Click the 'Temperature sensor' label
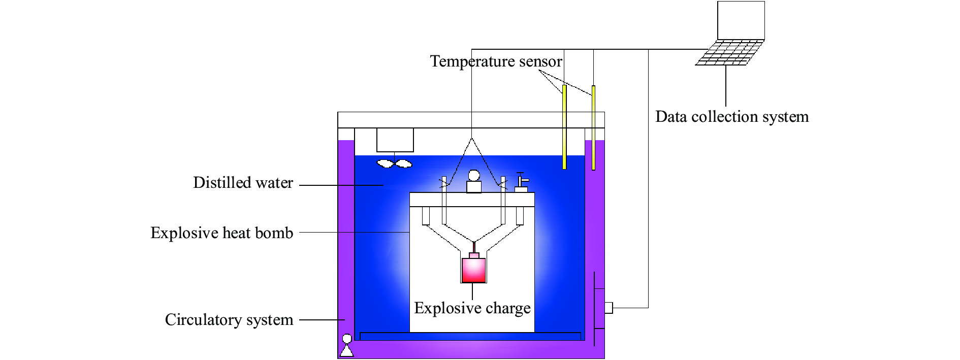[496, 61]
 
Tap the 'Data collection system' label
[731, 117]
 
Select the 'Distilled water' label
[243, 183]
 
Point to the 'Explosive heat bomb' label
[222, 233]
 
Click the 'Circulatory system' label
[229, 320]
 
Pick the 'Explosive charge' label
[472, 308]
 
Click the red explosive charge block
[473, 270]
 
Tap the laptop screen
[741, 20]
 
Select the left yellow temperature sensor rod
[564, 127]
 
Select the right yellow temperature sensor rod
[593, 127]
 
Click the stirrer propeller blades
[395, 163]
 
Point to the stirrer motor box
[395, 140]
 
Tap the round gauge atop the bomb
[474, 176]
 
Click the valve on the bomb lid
[521, 182]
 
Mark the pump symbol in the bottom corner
[347, 346]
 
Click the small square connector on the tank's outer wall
[608, 308]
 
